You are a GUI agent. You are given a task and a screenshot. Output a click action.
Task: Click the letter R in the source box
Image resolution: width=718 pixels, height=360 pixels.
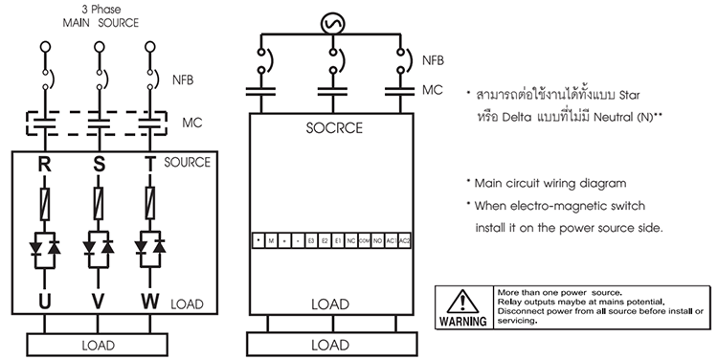[44, 164]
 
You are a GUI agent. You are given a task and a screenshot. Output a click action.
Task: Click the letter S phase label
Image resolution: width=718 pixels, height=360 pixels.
[97, 164]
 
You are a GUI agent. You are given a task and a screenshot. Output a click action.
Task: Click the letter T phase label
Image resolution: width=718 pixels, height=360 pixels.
[149, 164]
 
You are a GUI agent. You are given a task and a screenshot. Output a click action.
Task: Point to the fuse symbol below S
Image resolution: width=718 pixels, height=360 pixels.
[97, 202]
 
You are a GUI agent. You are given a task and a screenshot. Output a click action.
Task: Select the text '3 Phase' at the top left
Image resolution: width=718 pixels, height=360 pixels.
[96, 9]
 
